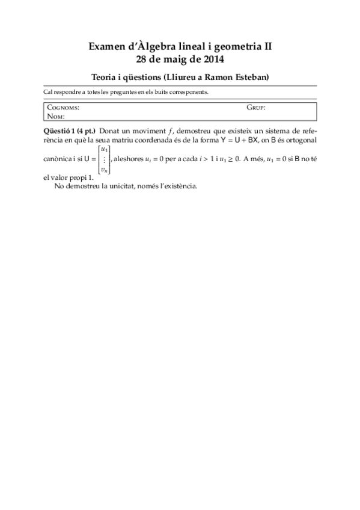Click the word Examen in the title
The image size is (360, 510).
[106, 46]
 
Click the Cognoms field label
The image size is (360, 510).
[63, 108]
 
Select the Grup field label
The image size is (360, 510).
[256, 108]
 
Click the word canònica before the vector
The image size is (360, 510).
[59, 159]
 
